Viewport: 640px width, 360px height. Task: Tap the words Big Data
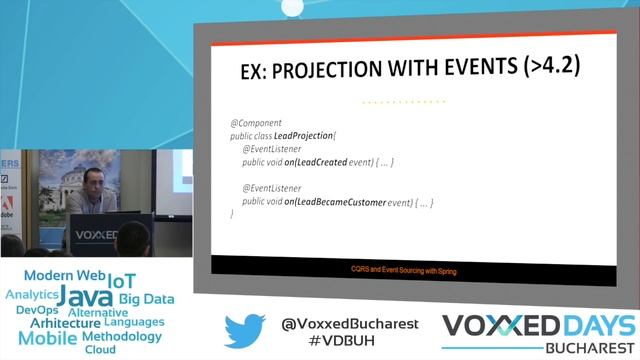point(146,298)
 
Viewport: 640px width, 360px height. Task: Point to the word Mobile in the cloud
point(48,338)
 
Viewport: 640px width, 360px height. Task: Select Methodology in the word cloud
point(122,336)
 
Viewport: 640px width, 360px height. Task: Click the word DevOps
point(38,310)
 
